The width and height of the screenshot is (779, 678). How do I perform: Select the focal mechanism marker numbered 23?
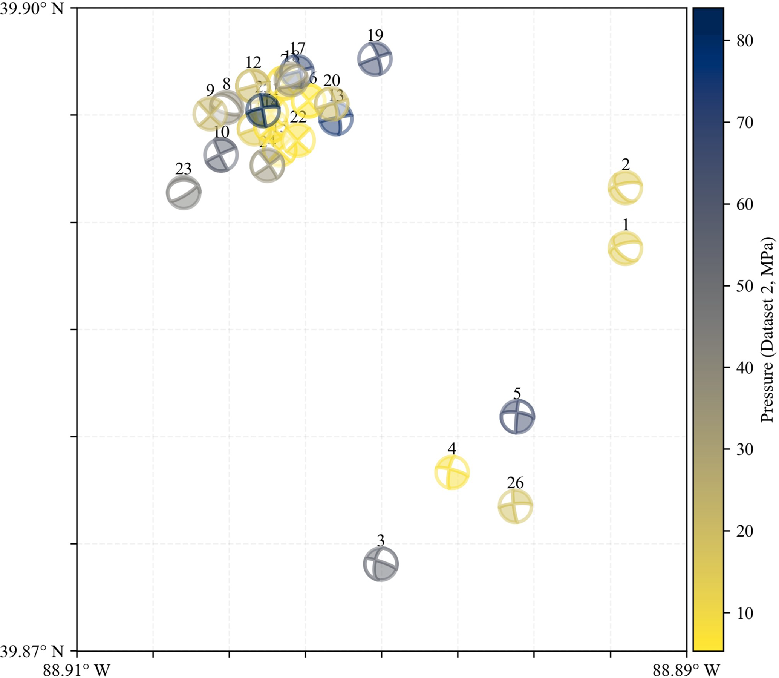point(184,193)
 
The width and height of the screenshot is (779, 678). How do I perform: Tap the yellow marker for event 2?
point(626,188)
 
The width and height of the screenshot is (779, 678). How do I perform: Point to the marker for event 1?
point(626,248)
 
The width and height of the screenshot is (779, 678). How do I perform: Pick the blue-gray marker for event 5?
point(517,416)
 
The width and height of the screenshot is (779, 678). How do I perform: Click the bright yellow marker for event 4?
point(452,472)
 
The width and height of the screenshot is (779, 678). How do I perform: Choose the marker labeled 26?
point(515,506)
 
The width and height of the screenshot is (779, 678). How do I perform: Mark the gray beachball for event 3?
point(380,564)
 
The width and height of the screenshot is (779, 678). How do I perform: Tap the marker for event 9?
point(210,113)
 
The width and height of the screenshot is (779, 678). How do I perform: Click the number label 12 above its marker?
point(253,63)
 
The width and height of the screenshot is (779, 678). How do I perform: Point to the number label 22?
point(298,118)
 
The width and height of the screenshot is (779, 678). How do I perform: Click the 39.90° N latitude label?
point(32,8)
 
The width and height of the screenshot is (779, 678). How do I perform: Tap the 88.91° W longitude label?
point(77,670)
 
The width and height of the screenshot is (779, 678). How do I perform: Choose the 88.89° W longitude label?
point(686,670)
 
